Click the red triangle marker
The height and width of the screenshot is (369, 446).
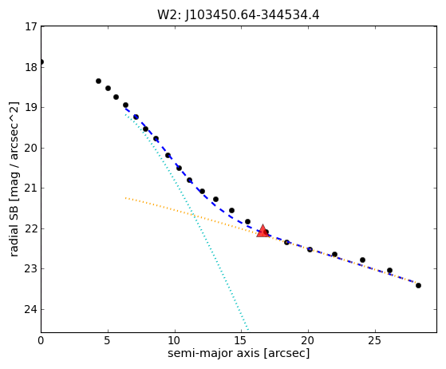click(262, 231)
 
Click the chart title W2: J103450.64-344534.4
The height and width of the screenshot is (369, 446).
click(239, 14)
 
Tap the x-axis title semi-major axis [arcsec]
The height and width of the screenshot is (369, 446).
click(239, 353)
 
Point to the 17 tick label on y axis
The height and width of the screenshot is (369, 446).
click(31, 26)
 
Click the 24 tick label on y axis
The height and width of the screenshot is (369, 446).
click(31, 309)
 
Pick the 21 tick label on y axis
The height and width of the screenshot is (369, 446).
click(31, 188)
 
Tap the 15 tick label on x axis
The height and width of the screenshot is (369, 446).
click(242, 340)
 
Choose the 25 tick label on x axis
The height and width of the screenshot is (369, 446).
click(375, 340)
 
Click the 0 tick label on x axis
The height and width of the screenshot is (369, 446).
click(41, 340)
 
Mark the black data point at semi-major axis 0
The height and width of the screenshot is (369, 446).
click(41, 61)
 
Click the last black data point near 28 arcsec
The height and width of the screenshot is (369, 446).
click(418, 285)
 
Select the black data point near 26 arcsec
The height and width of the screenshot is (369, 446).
click(389, 270)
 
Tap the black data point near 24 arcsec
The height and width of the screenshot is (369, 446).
click(362, 260)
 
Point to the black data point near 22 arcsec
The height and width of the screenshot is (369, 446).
click(334, 254)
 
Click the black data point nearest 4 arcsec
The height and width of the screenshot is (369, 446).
click(98, 81)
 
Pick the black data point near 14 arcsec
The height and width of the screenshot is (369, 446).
click(231, 210)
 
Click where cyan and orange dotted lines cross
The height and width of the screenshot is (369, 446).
click(193, 215)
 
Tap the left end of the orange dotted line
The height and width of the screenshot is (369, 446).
click(125, 197)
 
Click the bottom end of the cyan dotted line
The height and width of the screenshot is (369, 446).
click(248, 330)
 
